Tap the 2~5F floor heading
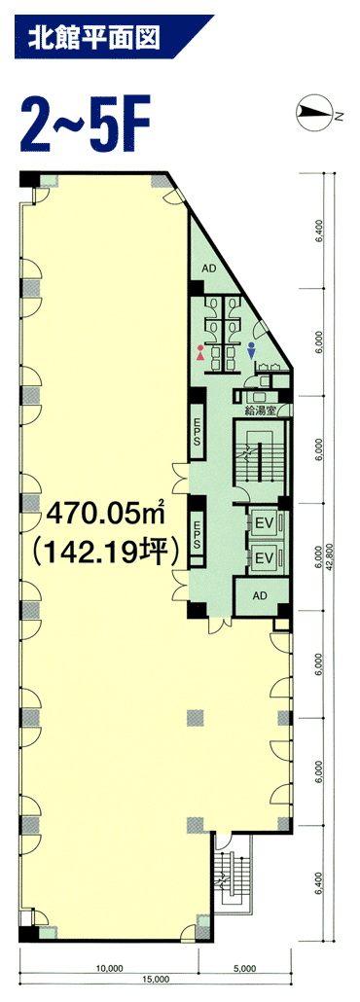coord(85,125)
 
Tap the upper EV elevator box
coord(264,522)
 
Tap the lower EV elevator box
coord(264,558)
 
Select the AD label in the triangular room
coord(208,268)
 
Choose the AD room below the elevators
coord(260,596)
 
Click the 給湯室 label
coord(263,411)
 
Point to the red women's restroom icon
coord(201,353)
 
